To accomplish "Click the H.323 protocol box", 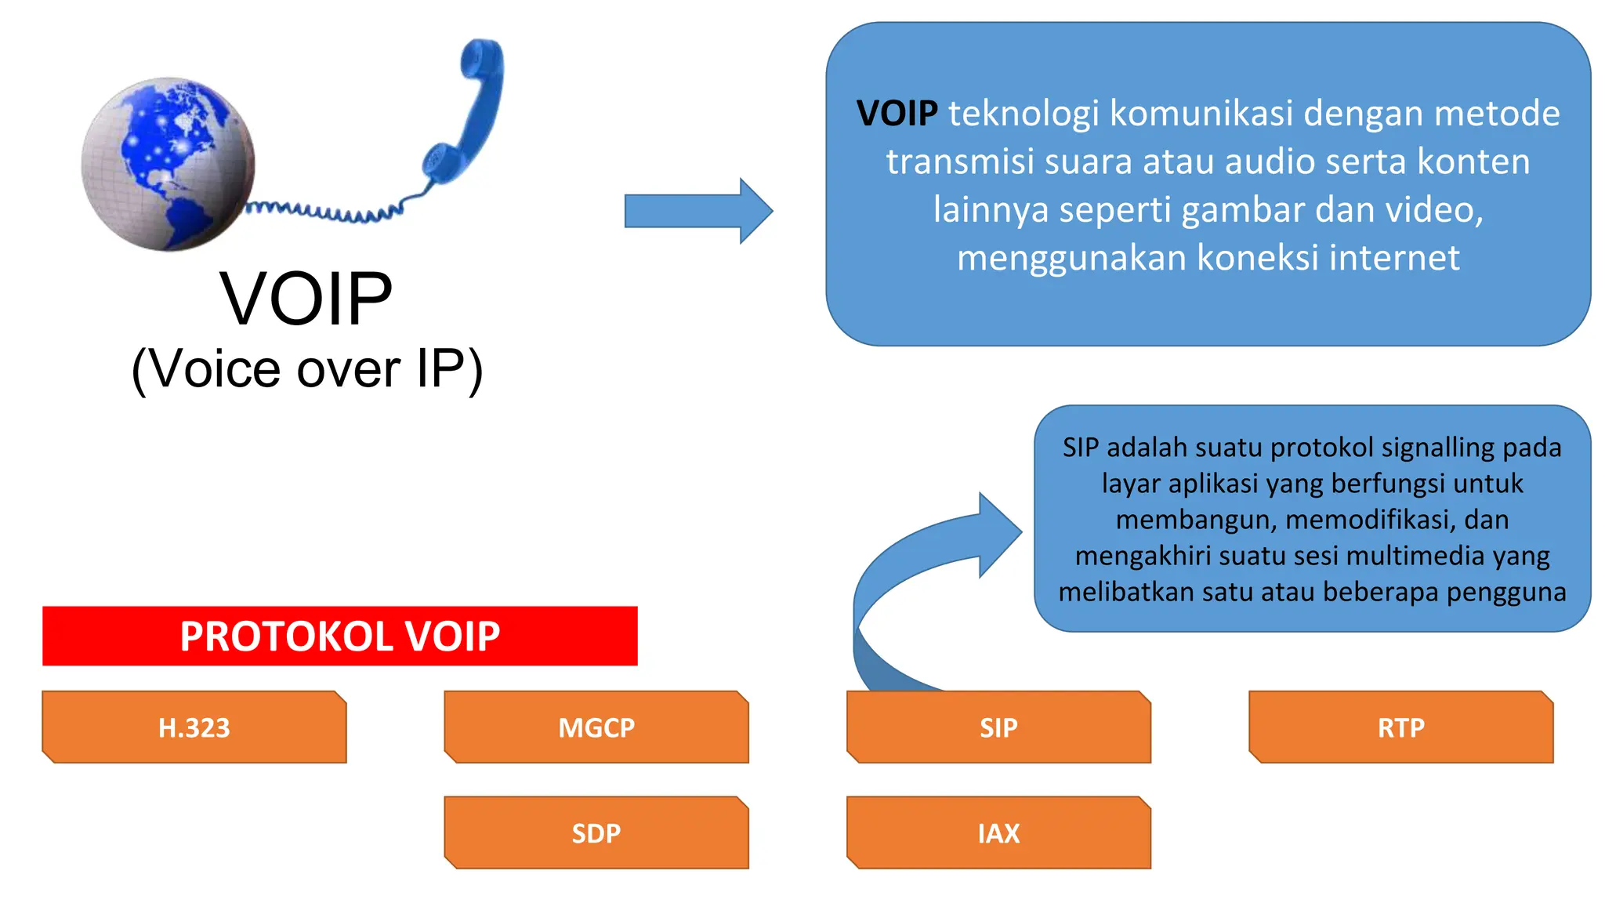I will (194, 727).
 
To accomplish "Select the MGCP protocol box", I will (596, 727).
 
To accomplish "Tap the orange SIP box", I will (998, 727).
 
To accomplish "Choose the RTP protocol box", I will (1400, 727).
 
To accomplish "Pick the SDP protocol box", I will (596, 832).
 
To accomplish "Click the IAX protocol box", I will (998, 832).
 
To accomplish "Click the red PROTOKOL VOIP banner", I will (339, 636).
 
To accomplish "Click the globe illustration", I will (168, 164).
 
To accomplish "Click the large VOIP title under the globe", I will (306, 299).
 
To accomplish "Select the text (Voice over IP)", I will (306, 368).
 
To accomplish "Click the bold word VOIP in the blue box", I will (897, 114).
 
